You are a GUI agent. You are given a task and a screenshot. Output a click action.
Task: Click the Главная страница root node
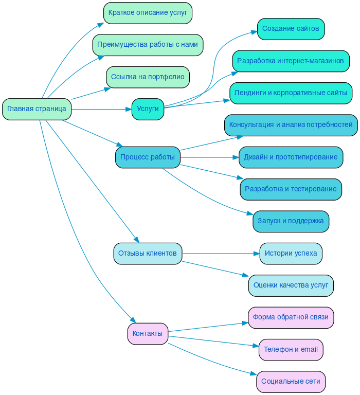(37, 109)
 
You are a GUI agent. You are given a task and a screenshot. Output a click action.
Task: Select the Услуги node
(148, 109)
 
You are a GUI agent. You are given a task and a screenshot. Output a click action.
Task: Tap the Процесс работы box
(148, 157)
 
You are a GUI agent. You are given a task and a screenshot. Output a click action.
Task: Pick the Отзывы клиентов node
(148, 254)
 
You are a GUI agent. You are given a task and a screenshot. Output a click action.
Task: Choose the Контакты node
(148, 334)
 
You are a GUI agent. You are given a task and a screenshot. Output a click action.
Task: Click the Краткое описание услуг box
(148, 13)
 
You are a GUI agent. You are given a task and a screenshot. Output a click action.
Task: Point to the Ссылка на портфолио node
(148, 77)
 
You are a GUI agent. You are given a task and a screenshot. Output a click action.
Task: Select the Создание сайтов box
(291, 29)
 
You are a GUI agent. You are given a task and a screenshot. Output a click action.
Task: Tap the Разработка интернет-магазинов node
(291, 61)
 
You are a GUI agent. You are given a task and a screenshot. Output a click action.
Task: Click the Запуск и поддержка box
(291, 221)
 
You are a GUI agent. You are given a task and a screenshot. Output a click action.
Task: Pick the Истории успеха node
(291, 254)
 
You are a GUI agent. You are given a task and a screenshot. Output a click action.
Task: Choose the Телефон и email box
(291, 350)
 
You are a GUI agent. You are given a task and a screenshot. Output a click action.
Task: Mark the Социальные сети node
(291, 382)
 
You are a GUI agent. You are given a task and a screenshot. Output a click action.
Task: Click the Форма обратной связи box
(291, 317)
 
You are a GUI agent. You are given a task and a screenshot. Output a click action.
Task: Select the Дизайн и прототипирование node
(291, 157)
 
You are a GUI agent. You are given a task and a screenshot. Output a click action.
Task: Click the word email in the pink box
(309, 350)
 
